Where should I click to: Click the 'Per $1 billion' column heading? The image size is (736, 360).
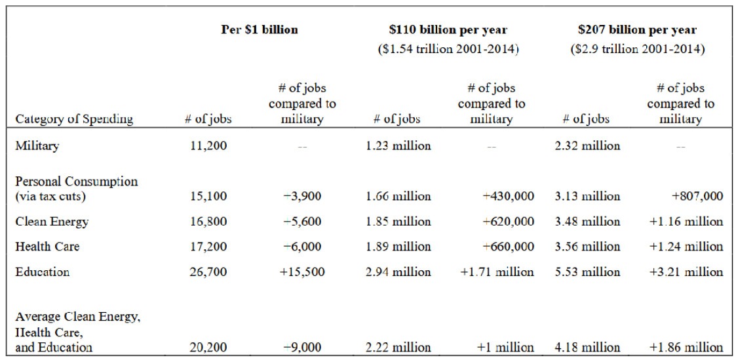click(x=259, y=30)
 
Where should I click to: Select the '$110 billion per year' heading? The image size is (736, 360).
click(x=449, y=30)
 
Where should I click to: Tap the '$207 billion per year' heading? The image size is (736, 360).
click(x=638, y=30)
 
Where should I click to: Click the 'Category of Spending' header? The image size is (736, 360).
click(x=74, y=119)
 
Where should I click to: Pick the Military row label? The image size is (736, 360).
click(x=37, y=146)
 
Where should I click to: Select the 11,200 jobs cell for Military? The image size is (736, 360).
click(x=208, y=146)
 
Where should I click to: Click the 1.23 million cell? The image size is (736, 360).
click(x=398, y=146)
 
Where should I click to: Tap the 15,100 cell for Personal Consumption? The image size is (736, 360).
click(x=208, y=195)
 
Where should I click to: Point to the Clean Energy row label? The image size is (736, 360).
click(x=52, y=222)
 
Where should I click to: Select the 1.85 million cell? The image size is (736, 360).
click(x=398, y=221)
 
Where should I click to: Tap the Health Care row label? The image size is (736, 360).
click(x=47, y=247)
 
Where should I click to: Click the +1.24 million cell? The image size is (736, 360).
click(x=686, y=247)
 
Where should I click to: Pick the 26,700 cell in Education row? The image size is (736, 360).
click(x=208, y=271)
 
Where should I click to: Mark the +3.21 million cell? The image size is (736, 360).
click(x=686, y=271)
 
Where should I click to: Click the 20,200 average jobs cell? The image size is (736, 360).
click(x=208, y=348)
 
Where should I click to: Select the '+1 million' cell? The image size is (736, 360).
click(x=505, y=348)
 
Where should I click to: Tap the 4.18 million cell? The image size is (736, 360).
click(x=587, y=348)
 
